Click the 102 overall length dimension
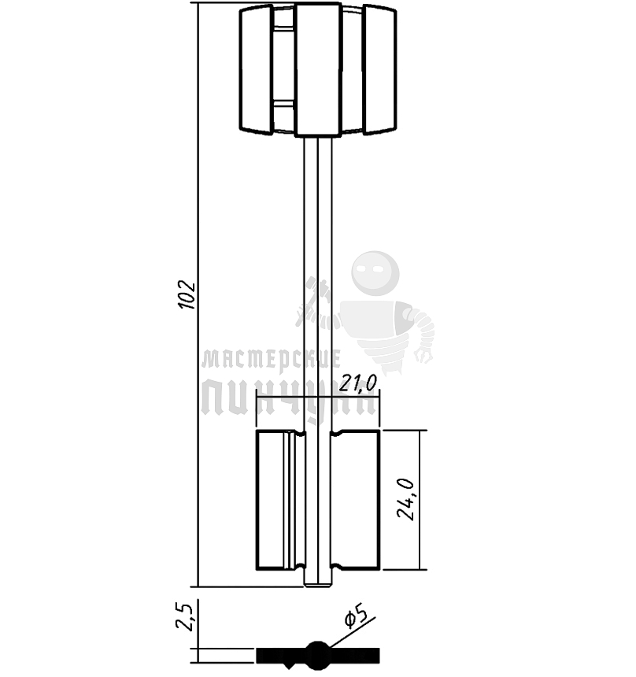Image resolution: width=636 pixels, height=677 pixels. (187, 295)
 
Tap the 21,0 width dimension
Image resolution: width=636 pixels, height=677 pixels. (358, 383)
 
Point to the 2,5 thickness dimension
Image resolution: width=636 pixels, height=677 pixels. (185, 617)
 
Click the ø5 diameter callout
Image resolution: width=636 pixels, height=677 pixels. (356, 616)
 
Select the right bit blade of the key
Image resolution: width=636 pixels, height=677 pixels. (355, 500)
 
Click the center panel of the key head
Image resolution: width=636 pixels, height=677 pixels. (317, 69)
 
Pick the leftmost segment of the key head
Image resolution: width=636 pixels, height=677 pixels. (256, 69)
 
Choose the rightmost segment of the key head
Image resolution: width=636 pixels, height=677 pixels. (379, 69)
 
